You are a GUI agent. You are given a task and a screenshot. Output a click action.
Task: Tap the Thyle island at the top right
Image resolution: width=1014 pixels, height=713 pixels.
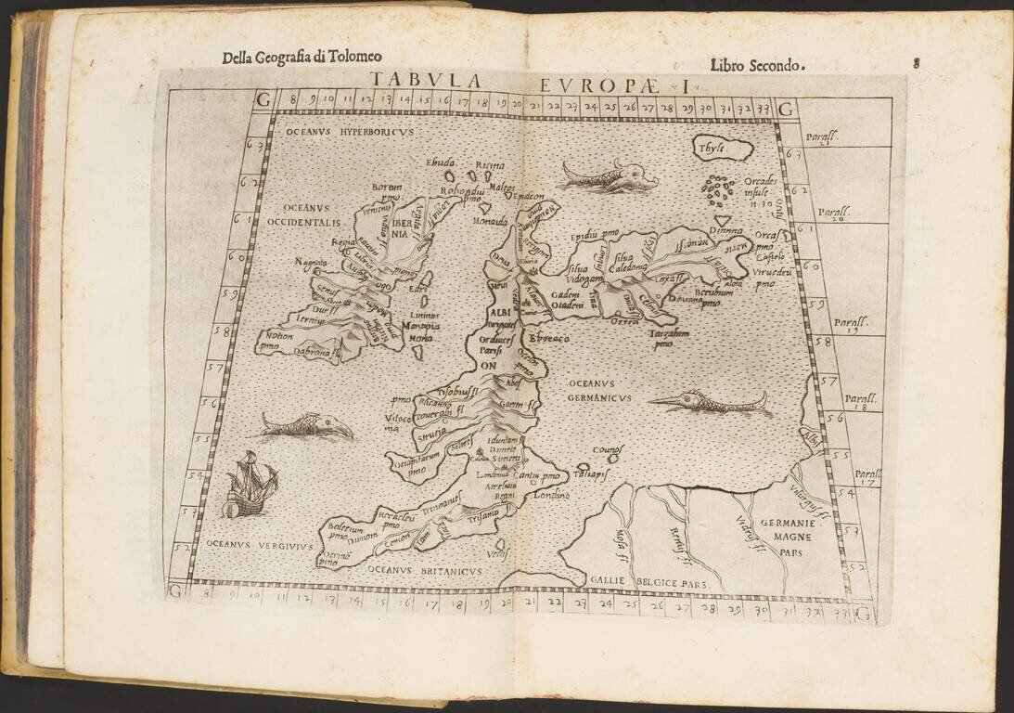[723, 148]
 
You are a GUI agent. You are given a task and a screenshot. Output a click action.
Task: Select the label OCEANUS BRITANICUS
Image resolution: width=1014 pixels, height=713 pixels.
[423, 571]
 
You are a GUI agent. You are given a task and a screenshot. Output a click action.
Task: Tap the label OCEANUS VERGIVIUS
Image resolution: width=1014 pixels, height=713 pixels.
[246, 546]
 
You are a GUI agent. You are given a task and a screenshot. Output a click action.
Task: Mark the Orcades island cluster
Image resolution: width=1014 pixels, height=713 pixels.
[719, 189]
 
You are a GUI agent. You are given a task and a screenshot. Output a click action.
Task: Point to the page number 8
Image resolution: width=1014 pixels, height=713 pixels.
[915, 63]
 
